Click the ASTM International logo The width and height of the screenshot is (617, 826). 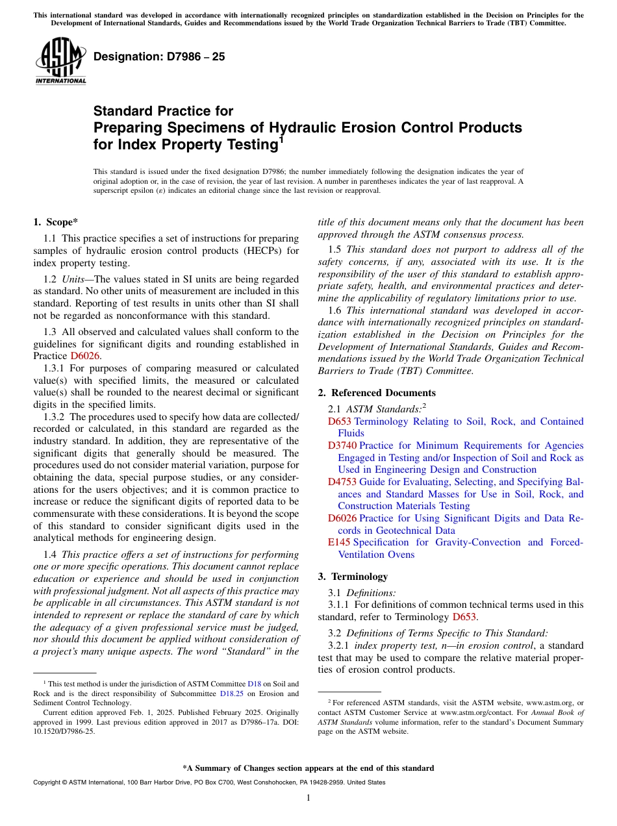pos(60,61)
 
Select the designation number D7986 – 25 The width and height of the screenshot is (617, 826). pos(159,56)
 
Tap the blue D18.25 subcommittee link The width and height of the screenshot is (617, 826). pos(250,694)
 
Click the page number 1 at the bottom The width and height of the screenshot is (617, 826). pos(308,798)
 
